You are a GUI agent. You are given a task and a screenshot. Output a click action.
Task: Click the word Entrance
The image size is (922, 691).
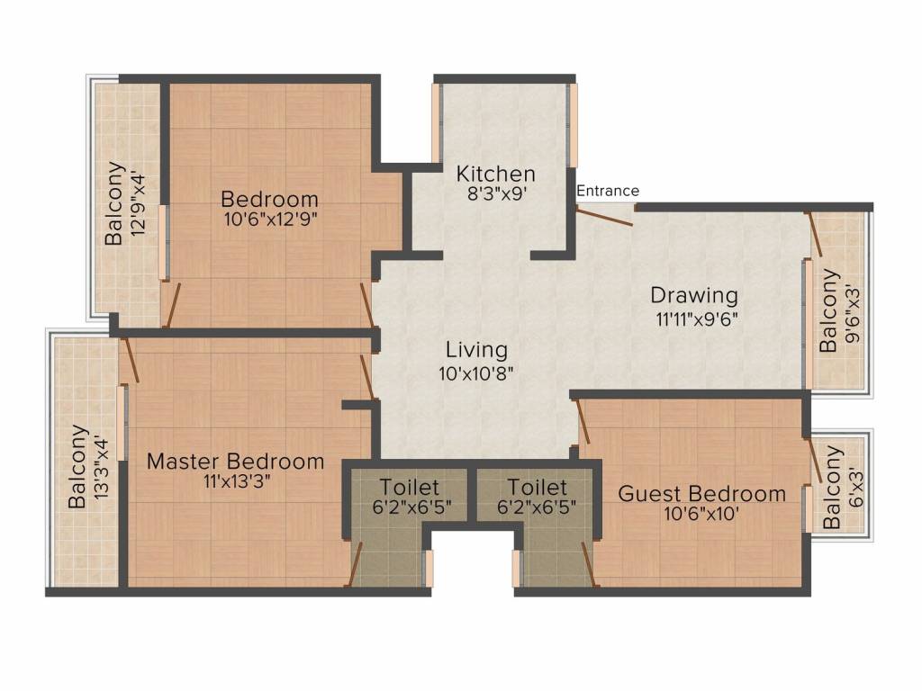pyautogui.click(x=608, y=191)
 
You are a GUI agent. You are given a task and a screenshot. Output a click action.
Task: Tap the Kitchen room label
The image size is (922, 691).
pyautogui.click(x=496, y=174)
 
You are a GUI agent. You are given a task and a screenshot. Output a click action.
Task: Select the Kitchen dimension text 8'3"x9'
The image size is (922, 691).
pyautogui.click(x=496, y=194)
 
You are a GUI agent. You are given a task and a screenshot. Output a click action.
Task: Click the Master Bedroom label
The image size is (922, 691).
pyautogui.click(x=235, y=462)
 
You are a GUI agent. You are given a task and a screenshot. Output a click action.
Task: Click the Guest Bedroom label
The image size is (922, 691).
pyautogui.click(x=701, y=494)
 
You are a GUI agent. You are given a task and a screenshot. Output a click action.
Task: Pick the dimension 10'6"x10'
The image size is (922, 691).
pyautogui.click(x=701, y=514)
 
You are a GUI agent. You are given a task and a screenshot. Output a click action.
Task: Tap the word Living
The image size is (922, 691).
pyautogui.click(x=476, y=350)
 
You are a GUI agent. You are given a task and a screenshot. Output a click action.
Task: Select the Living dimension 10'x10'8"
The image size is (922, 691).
pyautogui.click(x=476, y=372)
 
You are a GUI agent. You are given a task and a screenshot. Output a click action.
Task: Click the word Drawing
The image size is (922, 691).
pyautogui.click(x=694, y=295)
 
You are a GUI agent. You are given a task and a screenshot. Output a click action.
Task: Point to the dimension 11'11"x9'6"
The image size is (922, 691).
pyautogui.click(x=697, y=319)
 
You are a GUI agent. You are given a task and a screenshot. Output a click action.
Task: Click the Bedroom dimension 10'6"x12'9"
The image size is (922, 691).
pyautogui.click(x=270, y=220)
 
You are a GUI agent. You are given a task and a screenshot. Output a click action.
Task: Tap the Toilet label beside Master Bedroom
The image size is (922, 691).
pyautogui.click(x=409, y=487)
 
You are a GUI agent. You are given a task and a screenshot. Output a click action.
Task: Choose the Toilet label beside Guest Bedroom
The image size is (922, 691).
pyautogui.click(x=537, y=487)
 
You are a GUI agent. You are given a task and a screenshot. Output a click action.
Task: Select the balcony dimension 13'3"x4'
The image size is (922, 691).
pyautogui.click(x=101, y=467)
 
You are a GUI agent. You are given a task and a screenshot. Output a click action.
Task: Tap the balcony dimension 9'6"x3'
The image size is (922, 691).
pyautogui.click(x=852, y=314)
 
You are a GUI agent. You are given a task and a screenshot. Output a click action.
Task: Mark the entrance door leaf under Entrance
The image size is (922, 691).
pyautogui.click(x=604, y=218)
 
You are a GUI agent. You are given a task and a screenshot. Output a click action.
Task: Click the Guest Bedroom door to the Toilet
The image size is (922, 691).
pyautogui.click(x=590, y=564)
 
